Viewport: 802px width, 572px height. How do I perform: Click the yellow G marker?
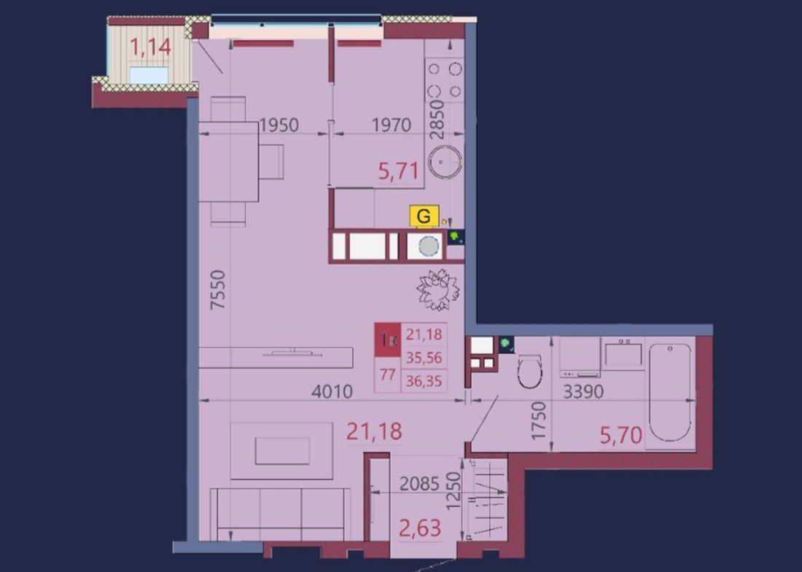click(x=424, y=216)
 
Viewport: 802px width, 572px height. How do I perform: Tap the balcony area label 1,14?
click(x=150, y=47)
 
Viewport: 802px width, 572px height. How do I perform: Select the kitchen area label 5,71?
click(x=398, y=171)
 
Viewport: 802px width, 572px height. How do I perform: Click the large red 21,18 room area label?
click(x=374, y=431)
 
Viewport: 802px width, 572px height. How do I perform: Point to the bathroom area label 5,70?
click(x=620, y=435)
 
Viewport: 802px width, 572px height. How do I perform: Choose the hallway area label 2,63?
click(x=419, y=528)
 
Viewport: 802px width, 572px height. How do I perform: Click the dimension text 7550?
click(x=218, y=289)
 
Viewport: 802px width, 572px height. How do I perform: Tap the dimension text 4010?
click(x=332, y=391)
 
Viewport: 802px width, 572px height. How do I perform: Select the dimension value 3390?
click(x=583, y=391)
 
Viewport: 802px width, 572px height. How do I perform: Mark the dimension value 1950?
click(x=279, y=125)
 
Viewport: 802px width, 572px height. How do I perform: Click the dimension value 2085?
click(x=419, y=484)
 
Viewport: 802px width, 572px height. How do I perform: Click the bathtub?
click(x=669, y=392)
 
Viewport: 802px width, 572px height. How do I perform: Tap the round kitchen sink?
click(x=445, y=162)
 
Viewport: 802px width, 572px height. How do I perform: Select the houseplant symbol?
click(x=438, y=290)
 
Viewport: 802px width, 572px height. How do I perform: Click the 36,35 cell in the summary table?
click(x=424, y=381)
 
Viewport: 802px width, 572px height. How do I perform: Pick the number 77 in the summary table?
click(x=387, y=375)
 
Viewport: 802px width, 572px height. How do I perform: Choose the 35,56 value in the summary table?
click(x=424, y=358)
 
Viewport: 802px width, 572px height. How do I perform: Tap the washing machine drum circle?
click(x=429, y=246)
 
